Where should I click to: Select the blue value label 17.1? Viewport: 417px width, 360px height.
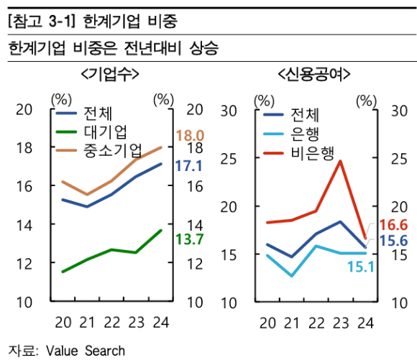[x=188, y=166]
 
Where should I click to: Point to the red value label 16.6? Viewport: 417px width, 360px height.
[x=393, y=224]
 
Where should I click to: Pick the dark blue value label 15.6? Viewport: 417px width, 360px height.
[x=393, y=241]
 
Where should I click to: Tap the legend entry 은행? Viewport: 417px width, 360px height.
[x=306, y=134]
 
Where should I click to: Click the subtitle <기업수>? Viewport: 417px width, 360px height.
[x=109, y=75]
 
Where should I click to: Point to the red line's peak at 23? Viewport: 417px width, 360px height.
[x=340, y=161]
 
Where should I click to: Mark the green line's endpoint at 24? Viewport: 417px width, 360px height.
[x=160, y=230]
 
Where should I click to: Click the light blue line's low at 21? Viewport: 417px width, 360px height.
[x=292, y=276]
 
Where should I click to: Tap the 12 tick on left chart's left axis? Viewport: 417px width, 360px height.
[x=24, y=263]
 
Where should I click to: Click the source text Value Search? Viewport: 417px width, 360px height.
[x=86, y=351]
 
